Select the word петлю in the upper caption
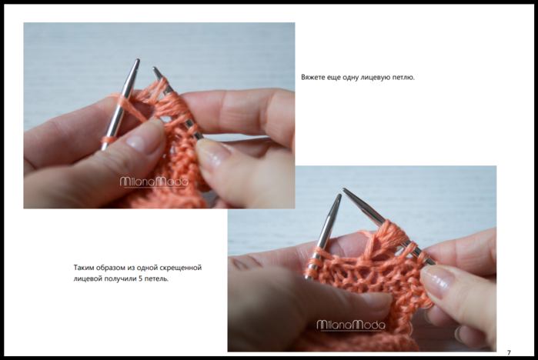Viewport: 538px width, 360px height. (x=405, y=78)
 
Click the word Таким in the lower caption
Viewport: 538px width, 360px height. (x=84, y=268)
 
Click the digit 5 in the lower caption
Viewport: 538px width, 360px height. (x=141, y=278)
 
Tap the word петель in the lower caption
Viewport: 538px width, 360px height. (x=156, y=278)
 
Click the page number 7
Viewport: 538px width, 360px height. (x=509, y=352)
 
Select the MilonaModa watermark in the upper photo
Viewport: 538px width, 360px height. (x=154, y=182)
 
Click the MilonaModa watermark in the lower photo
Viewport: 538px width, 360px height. (x=351, y=325)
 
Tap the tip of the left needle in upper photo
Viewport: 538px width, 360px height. (x=137, y=61)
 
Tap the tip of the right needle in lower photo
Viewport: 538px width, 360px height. (x=344, y=189)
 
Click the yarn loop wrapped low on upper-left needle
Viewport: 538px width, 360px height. (x=108, y=140)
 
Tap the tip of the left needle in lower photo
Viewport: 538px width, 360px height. (x=339, y=195)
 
